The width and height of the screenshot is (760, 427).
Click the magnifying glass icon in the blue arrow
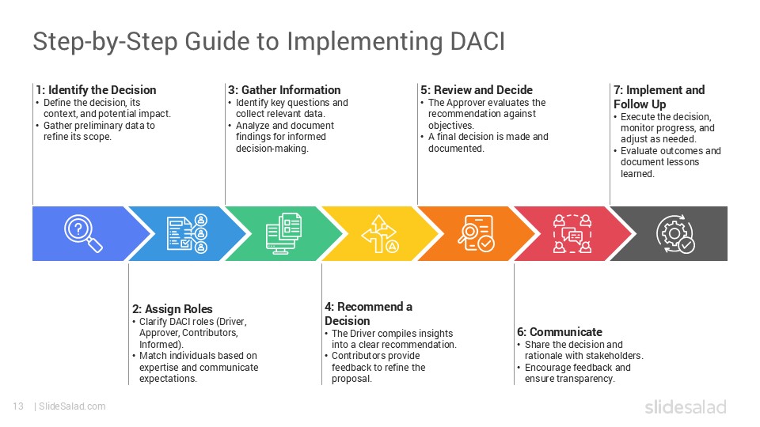tap(83, 234)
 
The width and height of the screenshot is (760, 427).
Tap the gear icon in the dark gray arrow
tap(676, 234)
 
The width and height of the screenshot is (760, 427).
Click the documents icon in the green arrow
tap(283, 234)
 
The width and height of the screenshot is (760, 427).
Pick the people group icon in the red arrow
tap(572, 234)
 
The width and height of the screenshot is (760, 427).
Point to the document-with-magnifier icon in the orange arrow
tap(476, 234)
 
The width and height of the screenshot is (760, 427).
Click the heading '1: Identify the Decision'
tap(96, 90)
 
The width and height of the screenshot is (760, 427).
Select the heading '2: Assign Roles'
tap(172, 309)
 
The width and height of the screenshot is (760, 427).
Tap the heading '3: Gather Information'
tap(284, 90)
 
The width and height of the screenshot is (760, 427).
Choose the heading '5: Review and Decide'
tap(477, 90)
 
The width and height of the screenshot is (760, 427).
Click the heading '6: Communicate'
tap(560, 332)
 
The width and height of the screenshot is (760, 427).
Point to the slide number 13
tap(17, 406)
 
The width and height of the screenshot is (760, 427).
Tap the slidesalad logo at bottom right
tap(685, 407)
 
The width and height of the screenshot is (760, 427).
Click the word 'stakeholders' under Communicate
tap(617, 356)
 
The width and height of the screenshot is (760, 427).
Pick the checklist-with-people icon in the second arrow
tap(187, 234)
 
